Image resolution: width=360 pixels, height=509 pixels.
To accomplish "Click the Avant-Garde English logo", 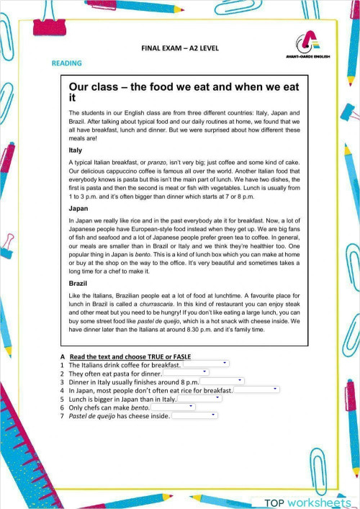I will point(310,45).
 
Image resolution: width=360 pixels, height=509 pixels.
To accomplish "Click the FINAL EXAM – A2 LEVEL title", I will point(180,48).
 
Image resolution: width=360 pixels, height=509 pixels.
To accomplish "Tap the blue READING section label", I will point(66,63).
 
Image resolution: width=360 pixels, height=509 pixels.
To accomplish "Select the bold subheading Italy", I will point(76,150).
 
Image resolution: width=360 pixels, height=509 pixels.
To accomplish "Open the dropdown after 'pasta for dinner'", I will point(186,372).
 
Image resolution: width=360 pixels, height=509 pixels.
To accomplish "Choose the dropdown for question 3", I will point(220,381).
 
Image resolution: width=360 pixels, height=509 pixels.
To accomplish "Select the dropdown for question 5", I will point(199,398).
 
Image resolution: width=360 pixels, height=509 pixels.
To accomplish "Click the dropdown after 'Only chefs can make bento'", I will point(171,407).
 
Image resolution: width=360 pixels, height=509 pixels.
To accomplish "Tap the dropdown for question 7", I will point(194,415).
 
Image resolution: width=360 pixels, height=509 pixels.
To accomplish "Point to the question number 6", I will point(63,407).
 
